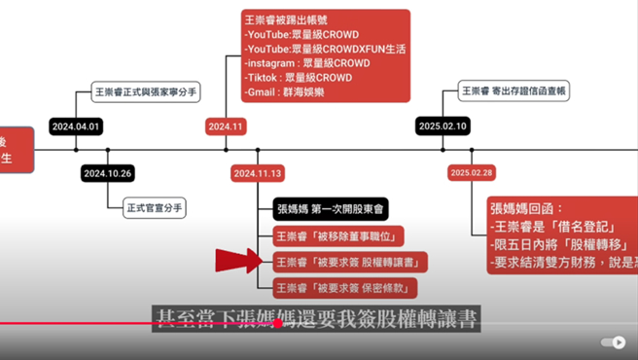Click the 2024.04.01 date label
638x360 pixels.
point(76,126)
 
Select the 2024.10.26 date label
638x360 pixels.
point(107,173)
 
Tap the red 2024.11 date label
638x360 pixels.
point(225,126)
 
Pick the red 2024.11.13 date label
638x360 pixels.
point(258,173)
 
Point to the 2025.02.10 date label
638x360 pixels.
point(443,126)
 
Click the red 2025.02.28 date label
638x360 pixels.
point(472,172)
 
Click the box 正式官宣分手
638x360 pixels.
point(155,207)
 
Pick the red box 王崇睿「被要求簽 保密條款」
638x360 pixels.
point(344,287)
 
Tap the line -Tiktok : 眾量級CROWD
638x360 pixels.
point(298,78)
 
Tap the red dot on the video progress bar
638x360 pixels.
point(278,324)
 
